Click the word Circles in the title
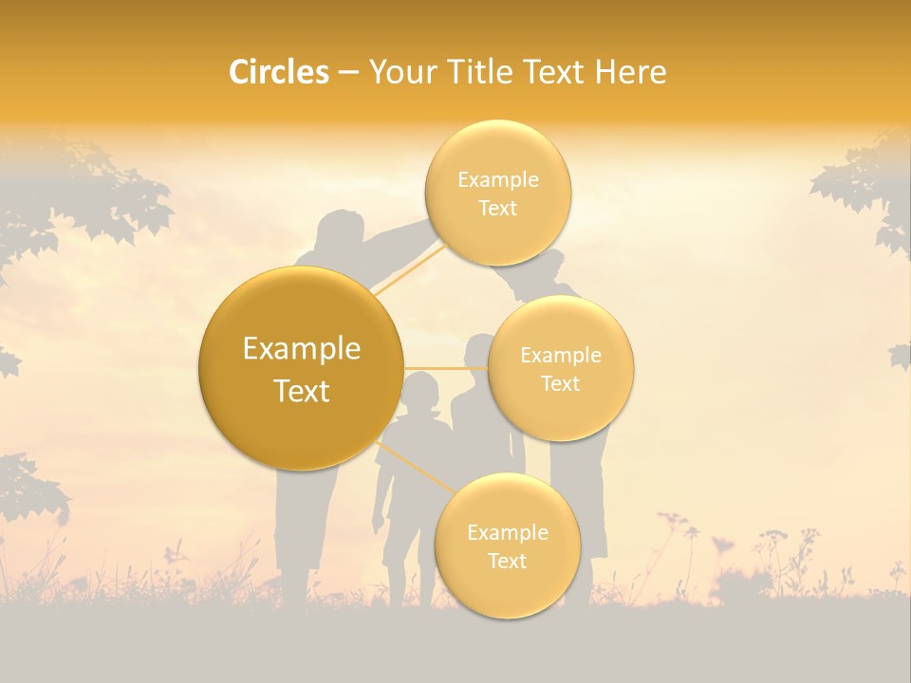[278, 72]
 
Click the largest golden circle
[302, 368]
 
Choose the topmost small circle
[497, 193]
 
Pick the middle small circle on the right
[560, 368]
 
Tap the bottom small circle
[507, 545]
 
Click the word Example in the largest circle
[302, 349]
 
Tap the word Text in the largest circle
[302, 391]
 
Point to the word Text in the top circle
[497, 209]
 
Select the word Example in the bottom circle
[507, 532]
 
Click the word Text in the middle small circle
[560, 383]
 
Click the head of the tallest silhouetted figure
[340, 232]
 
